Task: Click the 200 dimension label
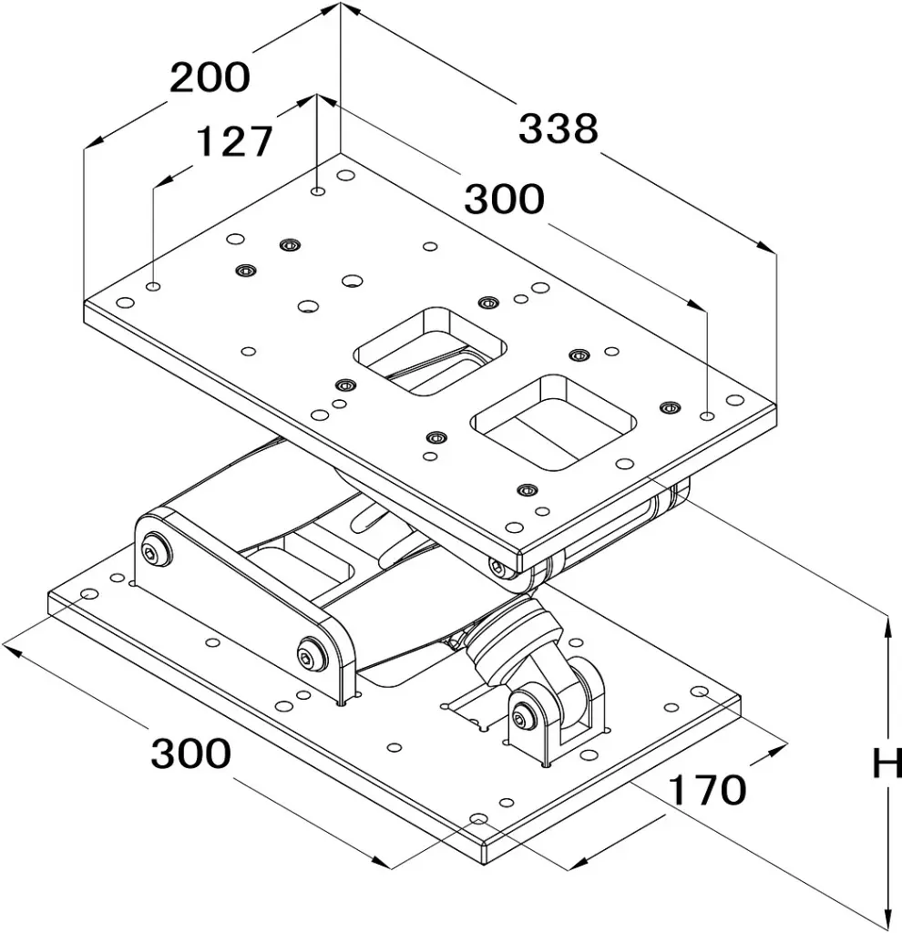click(210, 77)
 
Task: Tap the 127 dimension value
click(234, 141)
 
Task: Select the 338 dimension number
click(559, 128)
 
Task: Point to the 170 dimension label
click(707, 790)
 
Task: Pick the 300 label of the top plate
click(505, 199)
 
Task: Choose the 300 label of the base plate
click(191, 754)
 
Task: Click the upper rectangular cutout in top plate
click(430, 351)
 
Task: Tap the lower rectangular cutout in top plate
click(553, 421)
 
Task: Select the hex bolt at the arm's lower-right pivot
click(313, 654)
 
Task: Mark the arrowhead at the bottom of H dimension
click(887, 918)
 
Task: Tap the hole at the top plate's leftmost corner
click(125, 302)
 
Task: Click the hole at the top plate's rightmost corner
click(734, 400)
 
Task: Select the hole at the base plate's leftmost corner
click(89, 594)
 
